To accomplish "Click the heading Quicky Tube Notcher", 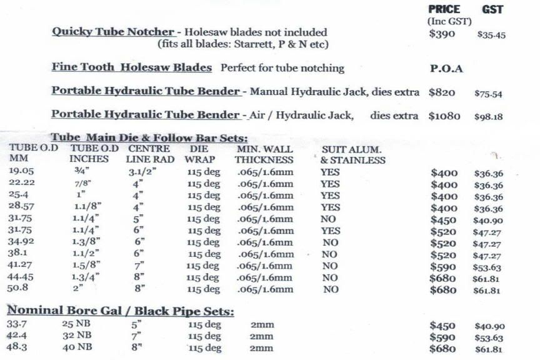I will pyautogui.click(x=112, y=32).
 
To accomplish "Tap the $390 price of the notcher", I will pyautogui.click(x=442, y=34).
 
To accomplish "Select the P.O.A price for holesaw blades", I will pyautogui.click(x=446, y=69).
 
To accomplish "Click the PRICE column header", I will pyautogui.click(x=444, y=9).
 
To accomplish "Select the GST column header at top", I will pyautogui.click(x=492, y=9).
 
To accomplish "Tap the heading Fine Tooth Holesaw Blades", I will pyautogui.click(x=131, y=67).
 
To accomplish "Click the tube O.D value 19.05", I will pyautogui.click(x=22, y=171).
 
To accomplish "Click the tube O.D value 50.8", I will pyautogui.click(x=21, y=289).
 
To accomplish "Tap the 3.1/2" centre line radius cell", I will pyautogui.click(x=142, y=172).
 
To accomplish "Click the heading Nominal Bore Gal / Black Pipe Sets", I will pyautogui.click(x=119, y=311).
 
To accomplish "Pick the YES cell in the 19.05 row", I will pyautogui.click(x=330, y=172).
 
